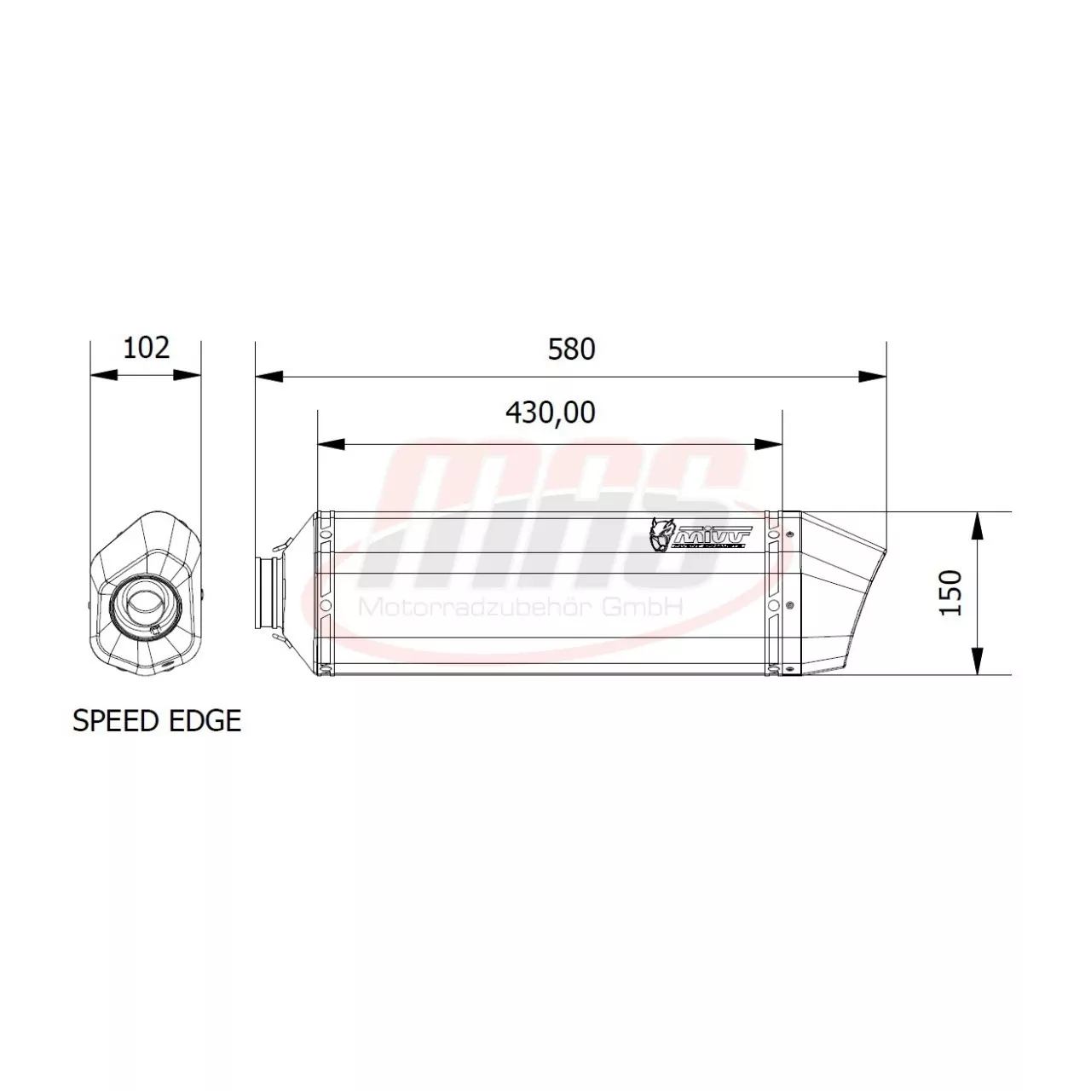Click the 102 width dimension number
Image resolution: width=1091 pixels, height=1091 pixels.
pyautogui.click(x=147, y=348)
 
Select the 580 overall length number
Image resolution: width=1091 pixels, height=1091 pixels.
pyautogui.click(x=571, y=349)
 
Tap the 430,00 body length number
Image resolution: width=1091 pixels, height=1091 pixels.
pyautogui.click(x=550, y=413)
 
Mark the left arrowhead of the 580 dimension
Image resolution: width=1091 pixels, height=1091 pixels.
pyautogui.click(x=269, y=376)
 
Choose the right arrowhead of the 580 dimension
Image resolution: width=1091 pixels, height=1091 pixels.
pyautogui.click(x=873, y=376)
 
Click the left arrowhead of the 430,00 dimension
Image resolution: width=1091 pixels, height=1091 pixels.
pyautogui.click(x=331, y=444)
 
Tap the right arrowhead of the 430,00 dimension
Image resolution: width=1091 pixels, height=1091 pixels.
pyautogui.click(x=769, y=444)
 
